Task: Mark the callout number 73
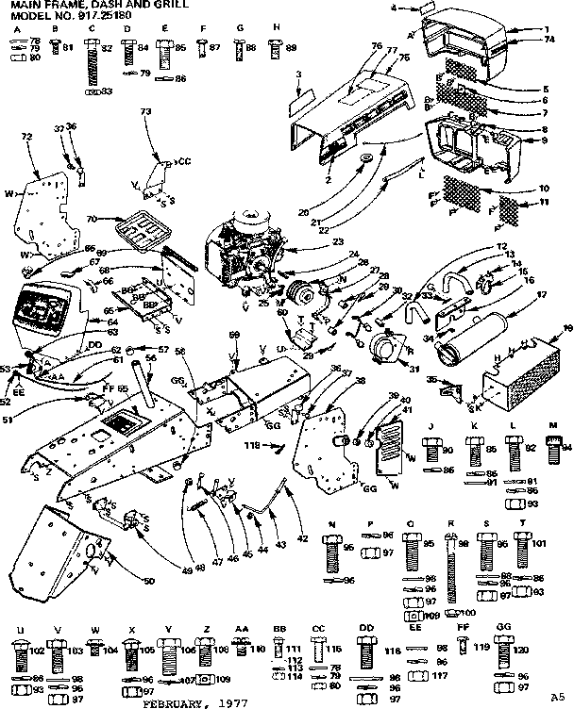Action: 145,112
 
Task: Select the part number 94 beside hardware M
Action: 567,450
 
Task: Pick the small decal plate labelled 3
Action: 303,93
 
